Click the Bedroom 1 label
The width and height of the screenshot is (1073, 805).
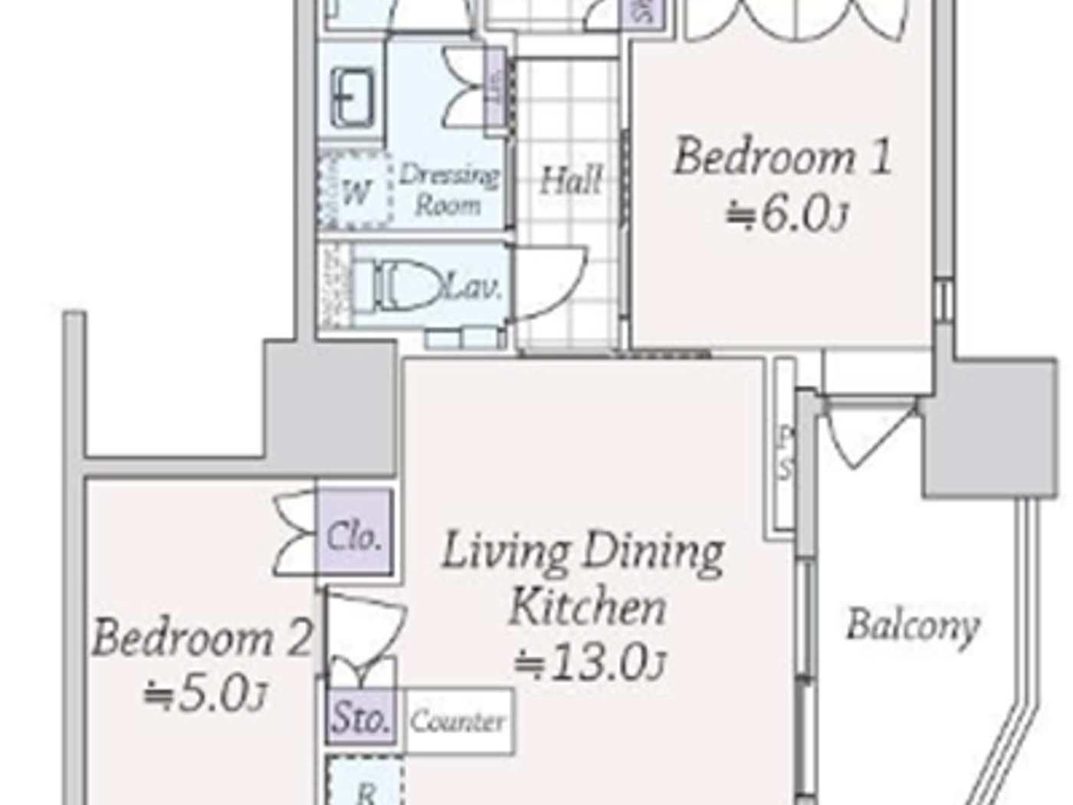tap(783, 157)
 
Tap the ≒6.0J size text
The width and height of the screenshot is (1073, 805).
tap(786, 215)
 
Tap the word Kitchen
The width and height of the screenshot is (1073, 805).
tap(587, 607)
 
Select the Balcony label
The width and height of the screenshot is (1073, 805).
tap(913, 625)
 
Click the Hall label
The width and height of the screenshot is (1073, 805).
tap(570, 181)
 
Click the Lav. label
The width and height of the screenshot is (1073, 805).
tap(474, 287)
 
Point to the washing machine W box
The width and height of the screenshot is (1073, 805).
tap(355, 192)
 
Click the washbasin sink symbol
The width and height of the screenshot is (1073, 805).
tap(353, 97)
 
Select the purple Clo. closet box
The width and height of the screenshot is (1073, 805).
tap(354, 536)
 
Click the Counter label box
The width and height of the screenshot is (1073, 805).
tap(458, 721)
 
